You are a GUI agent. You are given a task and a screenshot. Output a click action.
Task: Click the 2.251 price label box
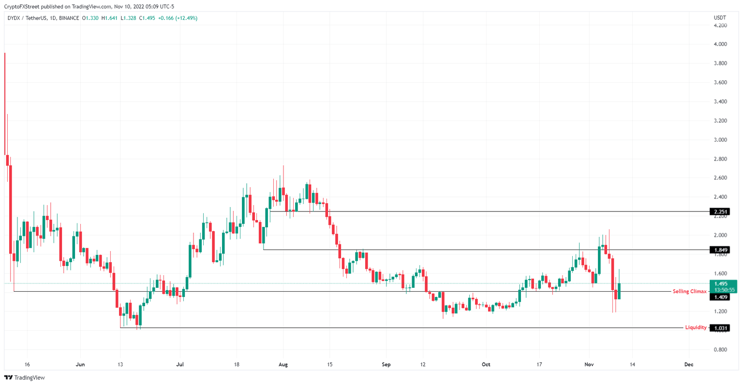point(719,211)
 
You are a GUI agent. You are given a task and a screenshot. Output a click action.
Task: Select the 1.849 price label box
point(719,250)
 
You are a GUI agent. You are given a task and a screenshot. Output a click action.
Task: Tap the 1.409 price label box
point(719,297)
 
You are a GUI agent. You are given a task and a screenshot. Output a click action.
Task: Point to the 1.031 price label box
point(719,328)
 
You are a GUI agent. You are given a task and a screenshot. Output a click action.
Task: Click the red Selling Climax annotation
point(689,292)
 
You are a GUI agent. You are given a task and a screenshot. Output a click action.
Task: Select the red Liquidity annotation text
point(696,328)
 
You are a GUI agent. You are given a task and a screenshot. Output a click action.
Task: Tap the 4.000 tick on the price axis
point(721,44)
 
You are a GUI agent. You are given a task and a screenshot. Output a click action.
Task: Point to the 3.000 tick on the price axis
point(721,140)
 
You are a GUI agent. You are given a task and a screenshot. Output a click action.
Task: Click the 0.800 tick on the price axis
point(721,350)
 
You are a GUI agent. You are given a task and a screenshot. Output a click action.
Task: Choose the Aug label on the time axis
point(283,364)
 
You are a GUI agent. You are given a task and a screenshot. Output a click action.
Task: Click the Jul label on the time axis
point(180,364)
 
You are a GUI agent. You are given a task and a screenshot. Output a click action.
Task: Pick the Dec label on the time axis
point(689,364)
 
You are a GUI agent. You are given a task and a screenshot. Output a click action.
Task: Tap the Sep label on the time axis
point(386,364)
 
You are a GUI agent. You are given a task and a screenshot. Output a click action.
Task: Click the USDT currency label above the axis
point(720,18)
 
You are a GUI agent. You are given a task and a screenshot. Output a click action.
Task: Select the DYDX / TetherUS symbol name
point(27,18)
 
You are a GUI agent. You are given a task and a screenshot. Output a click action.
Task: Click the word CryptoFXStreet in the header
point(23,7)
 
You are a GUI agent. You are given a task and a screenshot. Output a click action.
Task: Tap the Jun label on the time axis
point(80,364)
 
